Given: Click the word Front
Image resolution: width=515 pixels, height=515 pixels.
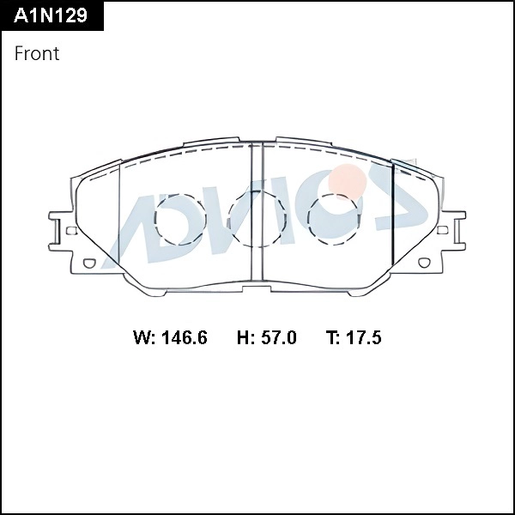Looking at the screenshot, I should pos(37,53).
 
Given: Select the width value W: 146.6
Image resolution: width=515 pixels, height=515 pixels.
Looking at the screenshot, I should pos(170,337).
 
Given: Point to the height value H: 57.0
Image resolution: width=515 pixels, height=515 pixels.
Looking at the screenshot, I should pos(266,337).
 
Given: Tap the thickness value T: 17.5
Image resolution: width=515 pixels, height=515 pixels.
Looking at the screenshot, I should pos(353,337).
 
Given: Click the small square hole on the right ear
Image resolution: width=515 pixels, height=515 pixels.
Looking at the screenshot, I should pos(443,230).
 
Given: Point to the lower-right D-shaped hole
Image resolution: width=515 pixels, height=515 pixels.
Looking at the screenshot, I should pos(422,264).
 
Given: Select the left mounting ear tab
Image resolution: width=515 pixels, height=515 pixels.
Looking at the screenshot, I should pos(58,230).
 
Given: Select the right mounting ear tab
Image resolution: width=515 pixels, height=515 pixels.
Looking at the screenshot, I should pos(457,230).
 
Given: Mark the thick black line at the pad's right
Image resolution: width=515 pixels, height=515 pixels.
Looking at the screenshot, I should pos(393,219).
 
